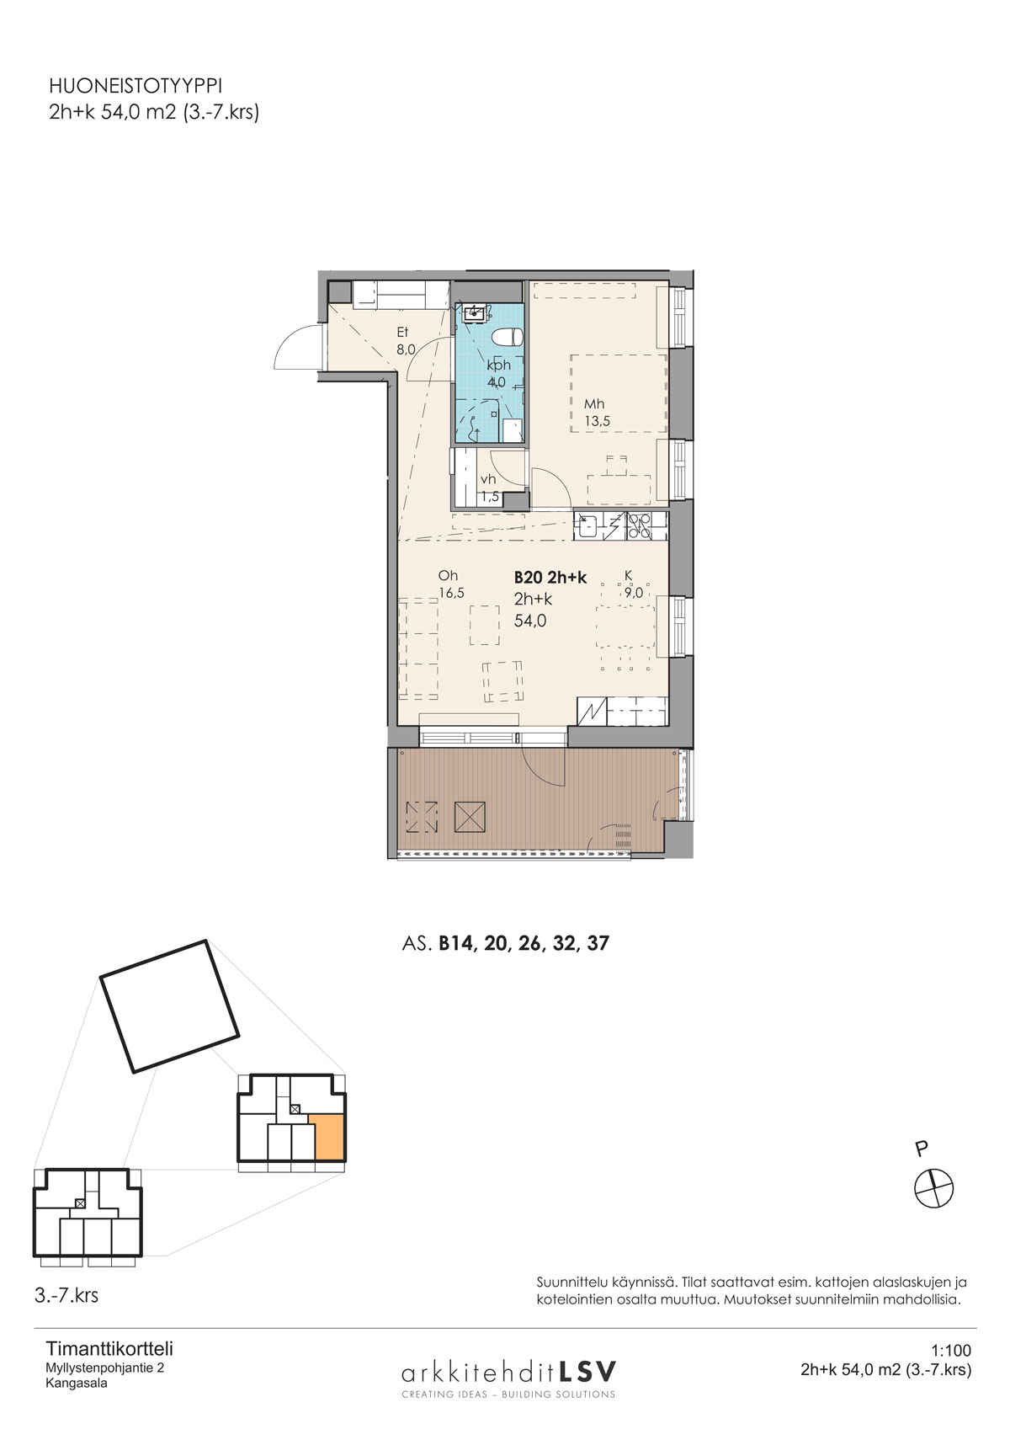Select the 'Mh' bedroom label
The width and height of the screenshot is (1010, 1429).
pyautogui.click(x=593, y=404)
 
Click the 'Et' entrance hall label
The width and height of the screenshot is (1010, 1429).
pyautogui.click(x=401, y=332)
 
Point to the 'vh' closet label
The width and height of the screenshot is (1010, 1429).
pyautogui.click(x=488, y=480)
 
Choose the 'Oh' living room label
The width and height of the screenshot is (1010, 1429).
pyautogui.click(x=448, y=575)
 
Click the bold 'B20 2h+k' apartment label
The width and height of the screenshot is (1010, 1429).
pyautogui.click(x=550, y=578)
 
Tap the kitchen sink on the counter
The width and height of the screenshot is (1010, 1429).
pyautogui.click(x=587, y=526)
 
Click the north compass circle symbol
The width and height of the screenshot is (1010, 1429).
pyautogui.click(x=933, y=1188)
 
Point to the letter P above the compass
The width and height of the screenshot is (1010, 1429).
pyautogui.click(x=920, y=1149)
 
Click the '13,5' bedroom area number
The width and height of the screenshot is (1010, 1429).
pyautogui.click(x=598, y=421)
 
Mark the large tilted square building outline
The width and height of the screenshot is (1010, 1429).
pyautogui.click(x=170, y=1006)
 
